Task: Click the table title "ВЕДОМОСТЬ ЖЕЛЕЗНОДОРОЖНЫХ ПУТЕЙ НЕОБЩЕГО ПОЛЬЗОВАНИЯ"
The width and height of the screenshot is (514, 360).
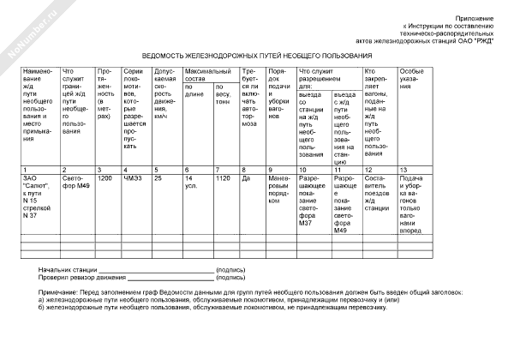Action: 257,52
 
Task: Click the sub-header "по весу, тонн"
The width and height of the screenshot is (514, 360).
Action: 224,94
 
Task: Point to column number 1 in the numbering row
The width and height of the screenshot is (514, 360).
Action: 26,170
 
